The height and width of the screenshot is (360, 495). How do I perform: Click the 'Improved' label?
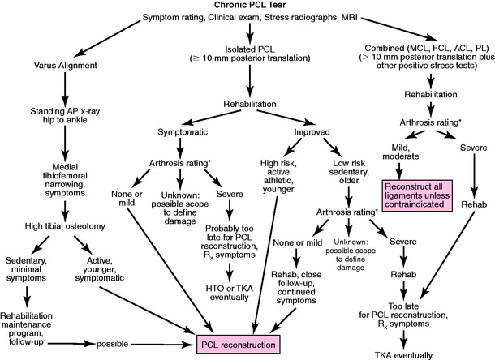coord(316,131)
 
